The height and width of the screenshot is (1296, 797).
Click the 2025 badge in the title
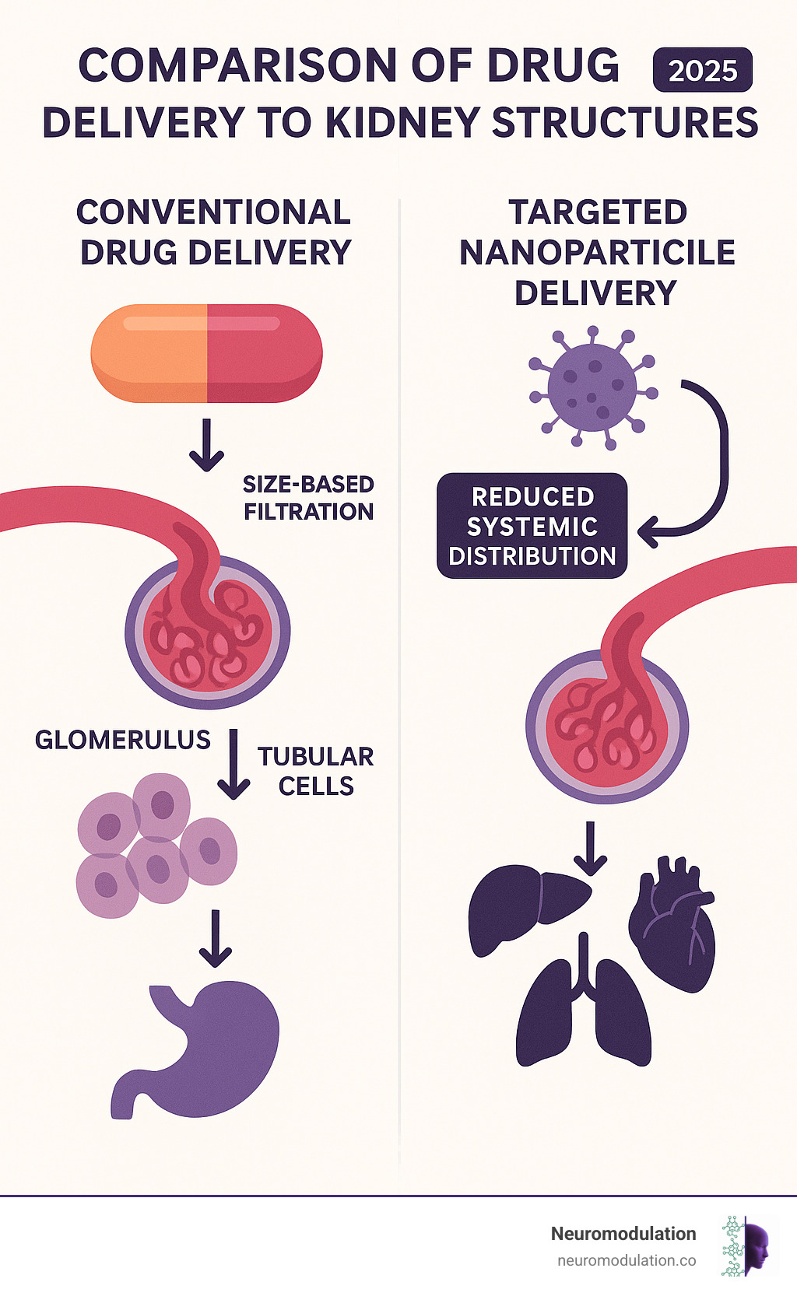[x=702, y=71]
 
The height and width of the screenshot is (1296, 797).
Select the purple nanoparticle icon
[x=592, y=387]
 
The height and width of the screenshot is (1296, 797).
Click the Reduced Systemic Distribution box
[x=532, y=526]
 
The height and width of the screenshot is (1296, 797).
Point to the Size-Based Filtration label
[x=308, y=498]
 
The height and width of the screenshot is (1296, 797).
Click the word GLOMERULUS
[x=123, y=740]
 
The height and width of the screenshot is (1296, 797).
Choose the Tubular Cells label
[x=315, y=771]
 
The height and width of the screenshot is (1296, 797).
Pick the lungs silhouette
[x=584, y=1007]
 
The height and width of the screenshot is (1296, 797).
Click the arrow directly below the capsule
[x=206, y=445]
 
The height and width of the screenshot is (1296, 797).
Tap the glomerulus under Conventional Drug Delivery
[x=208, y=632]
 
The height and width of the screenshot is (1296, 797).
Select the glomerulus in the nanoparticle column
[x=607, y=727]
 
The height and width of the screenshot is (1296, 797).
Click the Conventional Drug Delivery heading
[x=215, y=232]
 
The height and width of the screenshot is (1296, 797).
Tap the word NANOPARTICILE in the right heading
[x=597, y=253]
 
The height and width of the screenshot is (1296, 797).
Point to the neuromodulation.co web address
[x=627, y=1260]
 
